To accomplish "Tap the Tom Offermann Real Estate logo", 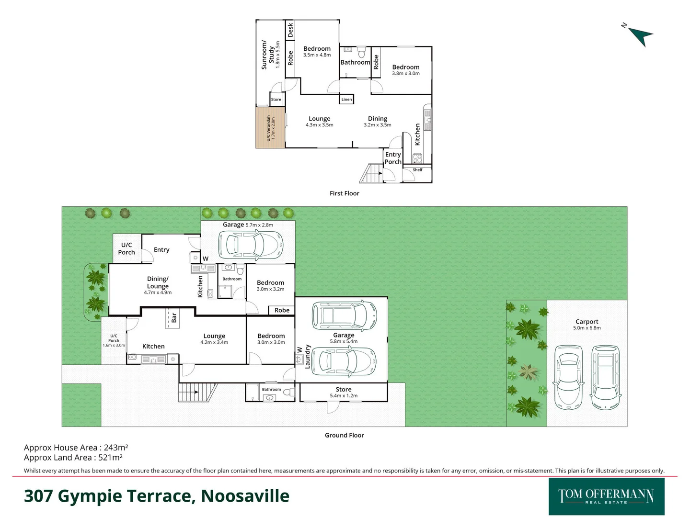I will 606,496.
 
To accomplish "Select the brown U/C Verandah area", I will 270,128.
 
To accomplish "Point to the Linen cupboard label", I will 346,100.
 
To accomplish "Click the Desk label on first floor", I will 290,30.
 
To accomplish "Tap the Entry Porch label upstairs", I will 393,158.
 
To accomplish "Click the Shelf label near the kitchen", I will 417,170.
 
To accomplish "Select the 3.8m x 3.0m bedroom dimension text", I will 406,74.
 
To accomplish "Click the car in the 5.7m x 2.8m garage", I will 250,245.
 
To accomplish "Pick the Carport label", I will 586,322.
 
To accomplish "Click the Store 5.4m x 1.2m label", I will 344,392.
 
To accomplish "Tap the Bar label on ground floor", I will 173,317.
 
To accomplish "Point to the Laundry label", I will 308,356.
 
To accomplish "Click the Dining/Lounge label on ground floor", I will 158,282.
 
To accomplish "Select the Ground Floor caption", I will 344,435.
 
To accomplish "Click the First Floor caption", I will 344,193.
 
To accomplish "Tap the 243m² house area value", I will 115,448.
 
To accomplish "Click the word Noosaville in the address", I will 245,496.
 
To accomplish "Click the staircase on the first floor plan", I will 371,173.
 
